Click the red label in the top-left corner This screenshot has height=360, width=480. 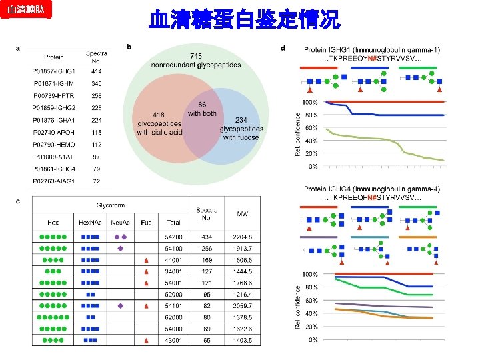(25, 11)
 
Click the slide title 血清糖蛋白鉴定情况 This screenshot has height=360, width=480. (244, 19)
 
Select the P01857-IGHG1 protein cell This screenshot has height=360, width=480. (54, 71)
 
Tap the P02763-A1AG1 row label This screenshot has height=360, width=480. (54, 181)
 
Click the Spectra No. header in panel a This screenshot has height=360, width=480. (97, 57)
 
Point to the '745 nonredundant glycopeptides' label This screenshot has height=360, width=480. (196, 60)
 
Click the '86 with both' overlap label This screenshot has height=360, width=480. (202, 109)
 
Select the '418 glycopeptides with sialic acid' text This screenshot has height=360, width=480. (159, 124)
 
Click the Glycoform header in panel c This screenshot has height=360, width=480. (110, 205)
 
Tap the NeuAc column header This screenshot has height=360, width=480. (121, 222)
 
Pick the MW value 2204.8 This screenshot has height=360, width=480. (243, 237)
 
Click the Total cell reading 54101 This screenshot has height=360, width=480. (173, 305)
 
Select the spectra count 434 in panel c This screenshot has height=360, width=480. (207, 237)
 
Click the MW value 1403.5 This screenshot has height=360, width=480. (243, 340)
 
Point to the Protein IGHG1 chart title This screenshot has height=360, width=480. (371, 50)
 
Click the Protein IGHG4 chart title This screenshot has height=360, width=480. (371, 189)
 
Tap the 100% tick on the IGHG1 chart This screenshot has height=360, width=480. (310, 102)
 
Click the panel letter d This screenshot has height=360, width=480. (283, 48)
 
